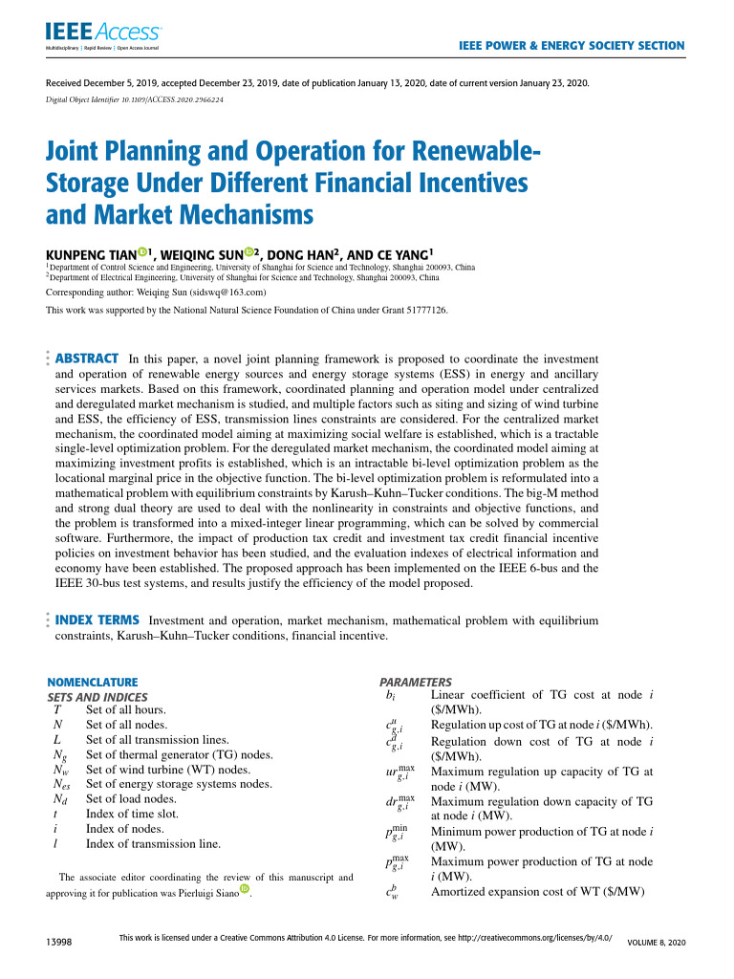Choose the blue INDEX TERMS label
coord(98,620)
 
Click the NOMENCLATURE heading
coord(93,682)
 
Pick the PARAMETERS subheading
coord(417,682)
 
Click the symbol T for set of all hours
coord(56,709)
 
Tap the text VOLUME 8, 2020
coord(656,943)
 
